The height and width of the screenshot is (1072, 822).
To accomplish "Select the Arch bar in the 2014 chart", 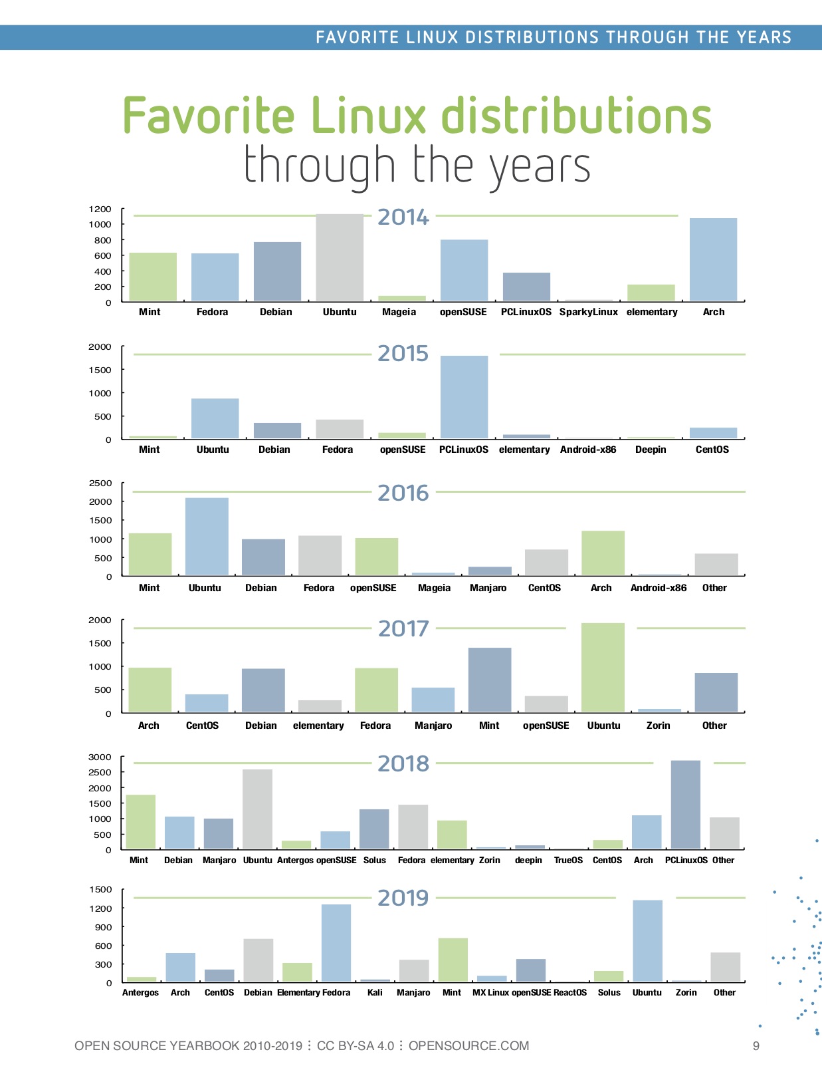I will point(713,260).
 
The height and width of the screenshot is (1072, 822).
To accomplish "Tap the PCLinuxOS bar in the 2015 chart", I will point(464,397).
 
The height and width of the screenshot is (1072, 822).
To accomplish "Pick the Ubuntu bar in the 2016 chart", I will point(207,537).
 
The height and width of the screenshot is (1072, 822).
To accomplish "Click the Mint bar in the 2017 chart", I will point(490,680).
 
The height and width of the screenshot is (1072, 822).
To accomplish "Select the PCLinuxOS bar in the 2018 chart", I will point(685,805).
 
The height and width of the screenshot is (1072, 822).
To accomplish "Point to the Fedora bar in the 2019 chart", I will point(336,943).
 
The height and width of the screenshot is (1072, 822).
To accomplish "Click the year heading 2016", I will point(403,493).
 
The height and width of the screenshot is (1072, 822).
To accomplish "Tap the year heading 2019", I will point(403,898).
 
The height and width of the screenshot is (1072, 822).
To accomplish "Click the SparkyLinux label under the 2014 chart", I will point(588,312).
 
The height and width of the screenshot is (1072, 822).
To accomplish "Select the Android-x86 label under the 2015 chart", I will point(588,450).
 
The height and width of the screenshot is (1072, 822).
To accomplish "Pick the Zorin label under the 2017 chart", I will point(658,726).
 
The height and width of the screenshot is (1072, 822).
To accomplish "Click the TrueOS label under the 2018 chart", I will point(568,861).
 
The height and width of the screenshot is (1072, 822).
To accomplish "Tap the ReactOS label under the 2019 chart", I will point(570,993).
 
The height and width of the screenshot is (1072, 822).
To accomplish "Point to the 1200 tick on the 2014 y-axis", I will point(100,209).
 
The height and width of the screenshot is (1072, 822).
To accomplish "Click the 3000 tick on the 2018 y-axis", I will point(100,757).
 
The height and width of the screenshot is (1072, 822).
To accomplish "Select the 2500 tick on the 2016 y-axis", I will point(100,483).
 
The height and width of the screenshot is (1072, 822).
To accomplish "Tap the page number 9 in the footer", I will point(756,1046).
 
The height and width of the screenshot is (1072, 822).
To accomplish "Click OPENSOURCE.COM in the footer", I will point(468,1046).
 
